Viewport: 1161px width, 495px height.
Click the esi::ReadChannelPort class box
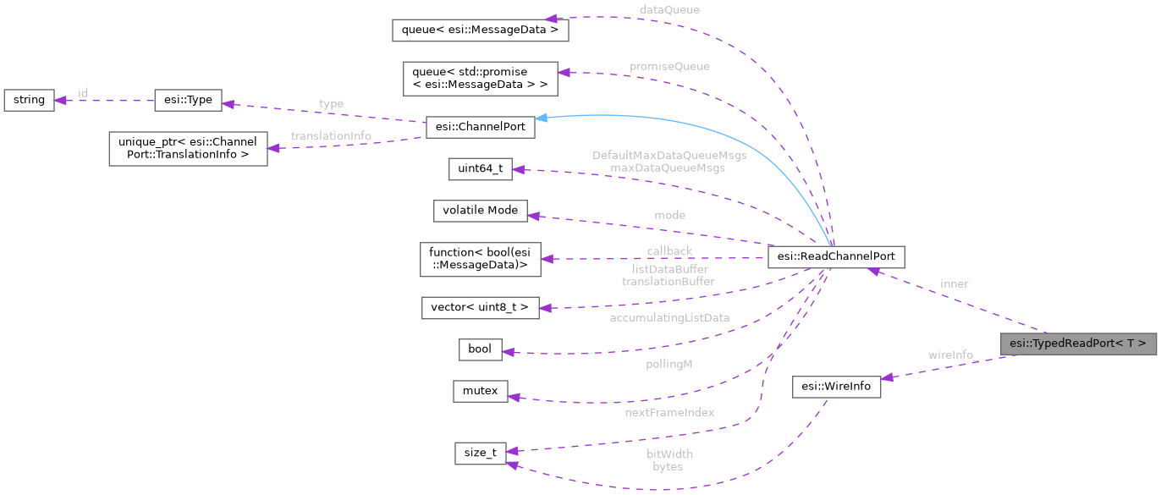click(836, 257)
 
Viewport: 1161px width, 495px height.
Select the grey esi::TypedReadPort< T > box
click(1077, 344)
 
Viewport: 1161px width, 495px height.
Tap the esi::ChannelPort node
click(480, 127)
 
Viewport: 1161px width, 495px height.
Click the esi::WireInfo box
click(836, 386)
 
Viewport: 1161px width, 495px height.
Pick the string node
click(29, 100)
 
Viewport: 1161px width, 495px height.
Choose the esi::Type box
click(188, 100)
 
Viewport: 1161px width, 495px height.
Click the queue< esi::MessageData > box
click(480, 30)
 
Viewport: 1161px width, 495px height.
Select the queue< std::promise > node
click(480, 78)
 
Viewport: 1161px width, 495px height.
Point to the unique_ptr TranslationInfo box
click(188, 148)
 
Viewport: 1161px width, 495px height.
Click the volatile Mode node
click(480, 211)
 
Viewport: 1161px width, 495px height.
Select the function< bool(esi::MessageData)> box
click(480, 259)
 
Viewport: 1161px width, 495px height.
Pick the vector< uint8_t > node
click(480, 306)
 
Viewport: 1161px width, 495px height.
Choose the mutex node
click(480, 391)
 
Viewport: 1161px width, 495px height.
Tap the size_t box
click(480, 453)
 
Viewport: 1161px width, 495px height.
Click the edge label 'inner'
click(954, 284)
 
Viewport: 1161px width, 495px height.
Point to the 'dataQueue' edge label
click(669, 9)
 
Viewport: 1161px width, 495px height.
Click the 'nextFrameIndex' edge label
click(669, 412)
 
